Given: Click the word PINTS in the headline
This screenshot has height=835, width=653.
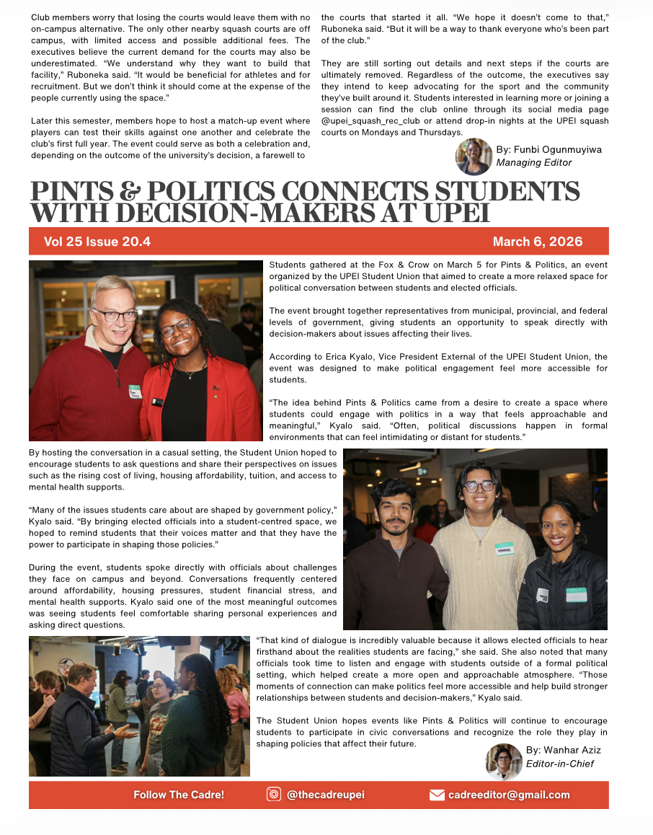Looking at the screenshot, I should pos(73,193).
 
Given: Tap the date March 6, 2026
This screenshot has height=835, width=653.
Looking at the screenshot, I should pos(538,242).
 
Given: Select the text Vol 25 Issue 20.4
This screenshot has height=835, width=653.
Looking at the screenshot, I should pos(97,242).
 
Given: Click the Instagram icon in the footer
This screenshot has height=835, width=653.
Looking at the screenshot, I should pos(274,795).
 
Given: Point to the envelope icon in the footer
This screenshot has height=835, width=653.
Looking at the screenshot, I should pos(437,795).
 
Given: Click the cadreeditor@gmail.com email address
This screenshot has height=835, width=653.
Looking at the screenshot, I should pos(509,795).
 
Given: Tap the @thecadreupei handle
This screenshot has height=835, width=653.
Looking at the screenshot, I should pos(326,795).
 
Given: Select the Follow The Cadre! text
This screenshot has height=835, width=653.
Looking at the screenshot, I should pos(179,795).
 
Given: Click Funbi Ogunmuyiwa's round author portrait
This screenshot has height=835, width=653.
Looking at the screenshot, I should pos(474,156).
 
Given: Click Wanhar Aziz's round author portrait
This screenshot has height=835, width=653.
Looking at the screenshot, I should pos(504,761).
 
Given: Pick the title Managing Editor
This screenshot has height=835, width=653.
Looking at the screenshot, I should pos(534,163).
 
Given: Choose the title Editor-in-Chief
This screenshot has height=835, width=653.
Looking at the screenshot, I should pos(560,764).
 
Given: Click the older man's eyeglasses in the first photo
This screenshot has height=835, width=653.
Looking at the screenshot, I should pos(115,314).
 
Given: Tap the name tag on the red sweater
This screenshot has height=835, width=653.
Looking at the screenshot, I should pos(135,392).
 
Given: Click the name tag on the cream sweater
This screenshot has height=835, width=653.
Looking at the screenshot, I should pos(505,549).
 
